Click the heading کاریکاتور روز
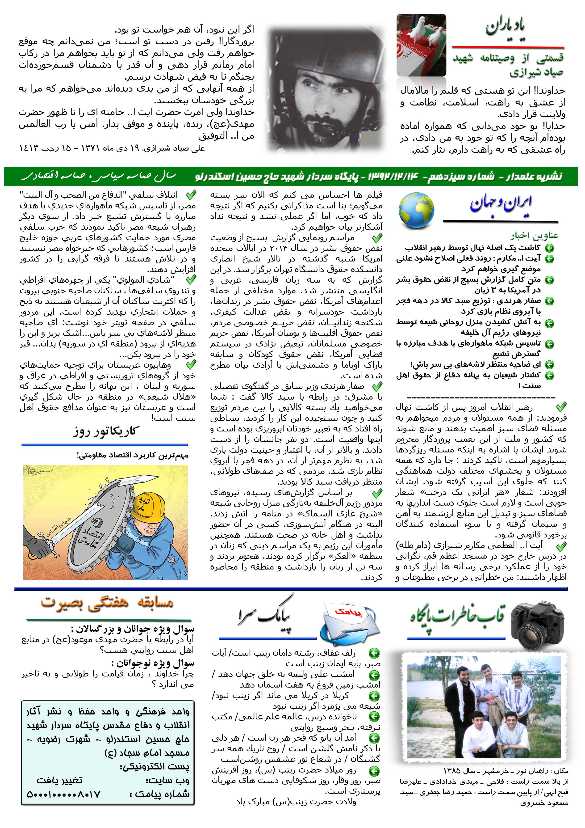coord(106,431)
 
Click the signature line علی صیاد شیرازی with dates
coord(112,148)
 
